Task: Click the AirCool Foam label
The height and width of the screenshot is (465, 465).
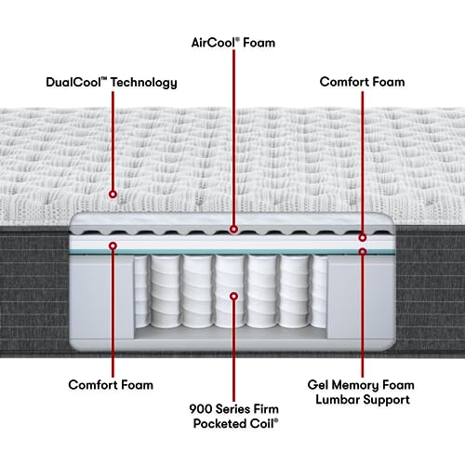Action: coord(233,43)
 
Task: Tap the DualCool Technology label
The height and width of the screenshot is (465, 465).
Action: coord(112,83)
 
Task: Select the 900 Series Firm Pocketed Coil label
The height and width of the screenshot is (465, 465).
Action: coord(234,416)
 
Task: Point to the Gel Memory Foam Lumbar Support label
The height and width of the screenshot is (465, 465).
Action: coord(361,392)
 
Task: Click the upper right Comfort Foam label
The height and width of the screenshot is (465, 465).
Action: coord(362,82)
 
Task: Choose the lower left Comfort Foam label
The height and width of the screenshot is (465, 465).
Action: coord(111,385)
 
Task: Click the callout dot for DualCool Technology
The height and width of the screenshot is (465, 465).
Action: coord(113,194)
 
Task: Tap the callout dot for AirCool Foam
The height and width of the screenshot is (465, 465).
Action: coord(233,230)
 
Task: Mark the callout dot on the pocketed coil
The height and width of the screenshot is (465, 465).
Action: coord(234,297)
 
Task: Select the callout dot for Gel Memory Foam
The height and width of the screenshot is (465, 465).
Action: coord(363,251)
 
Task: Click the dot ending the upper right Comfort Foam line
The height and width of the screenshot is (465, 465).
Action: coord(363,238)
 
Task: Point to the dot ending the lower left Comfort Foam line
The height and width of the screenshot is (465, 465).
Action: coord(113,246)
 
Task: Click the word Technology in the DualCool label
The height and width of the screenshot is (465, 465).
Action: coord(144,83)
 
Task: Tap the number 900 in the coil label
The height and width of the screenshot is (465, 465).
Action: coord(201,409)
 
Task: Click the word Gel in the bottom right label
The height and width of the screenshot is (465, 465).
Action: coord(318,385)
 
